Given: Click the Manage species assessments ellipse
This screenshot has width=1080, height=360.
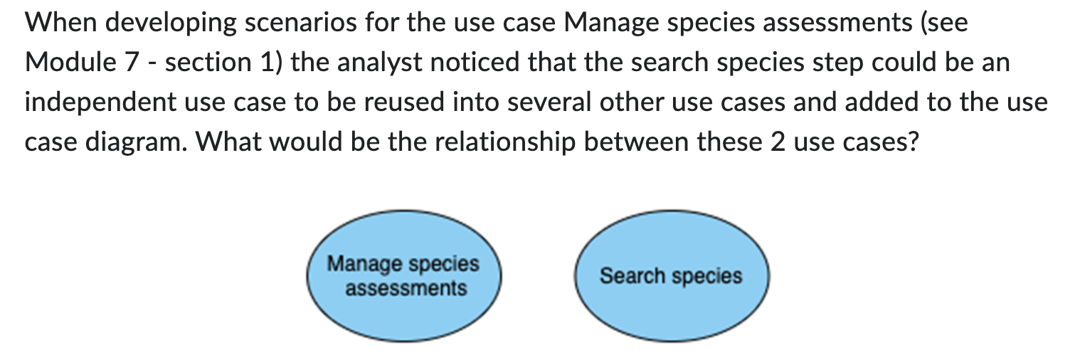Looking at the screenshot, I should [403, 276].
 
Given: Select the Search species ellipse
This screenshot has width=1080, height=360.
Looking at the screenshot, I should [671, 276].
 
